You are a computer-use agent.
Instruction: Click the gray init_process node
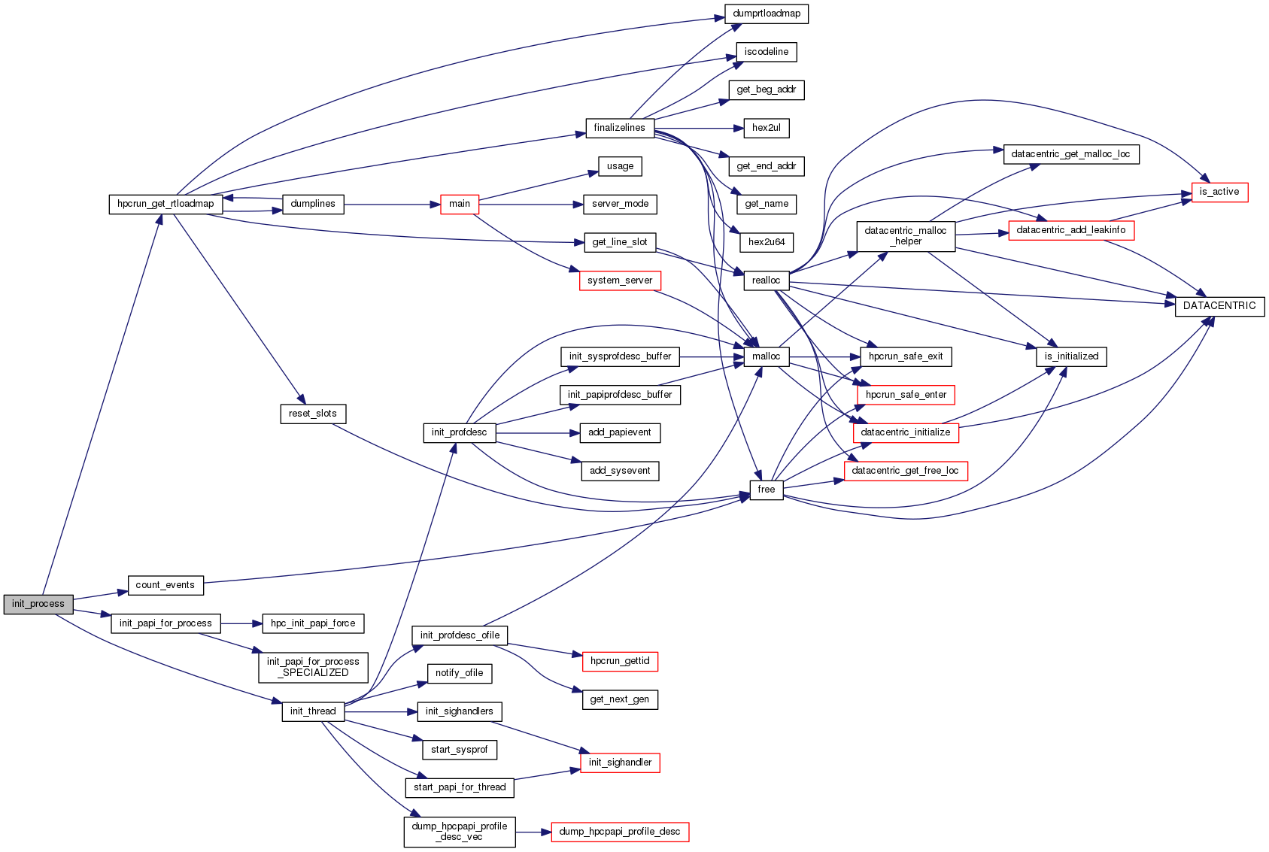coord(38,604)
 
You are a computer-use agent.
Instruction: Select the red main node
coord(460,204)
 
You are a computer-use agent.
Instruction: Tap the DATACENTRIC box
coord(1219,306)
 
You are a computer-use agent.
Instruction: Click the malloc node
coord(767,356)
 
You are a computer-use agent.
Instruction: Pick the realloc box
coord(767,280)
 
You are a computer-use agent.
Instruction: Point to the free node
coord(767,490)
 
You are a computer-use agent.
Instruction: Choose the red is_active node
coord(1219,192)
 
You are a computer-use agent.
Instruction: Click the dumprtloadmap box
coord(767,14)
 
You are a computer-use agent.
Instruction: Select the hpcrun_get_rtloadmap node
coord(165,204)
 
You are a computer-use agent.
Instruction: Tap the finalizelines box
coord(619,128)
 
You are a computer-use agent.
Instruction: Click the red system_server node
coord(620,280)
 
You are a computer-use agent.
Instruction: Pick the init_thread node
coord(313,711)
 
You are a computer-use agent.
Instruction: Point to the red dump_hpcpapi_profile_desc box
coord(620,832)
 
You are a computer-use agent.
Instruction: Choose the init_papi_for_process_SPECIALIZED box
coord(313,667)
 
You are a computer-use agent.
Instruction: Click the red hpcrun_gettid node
coord(620,661)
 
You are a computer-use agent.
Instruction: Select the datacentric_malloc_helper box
coord(906,236)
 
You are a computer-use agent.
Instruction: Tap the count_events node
coord(165,585)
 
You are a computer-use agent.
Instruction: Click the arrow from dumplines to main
coord(391,204)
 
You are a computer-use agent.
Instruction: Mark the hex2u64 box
coord(767,242)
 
